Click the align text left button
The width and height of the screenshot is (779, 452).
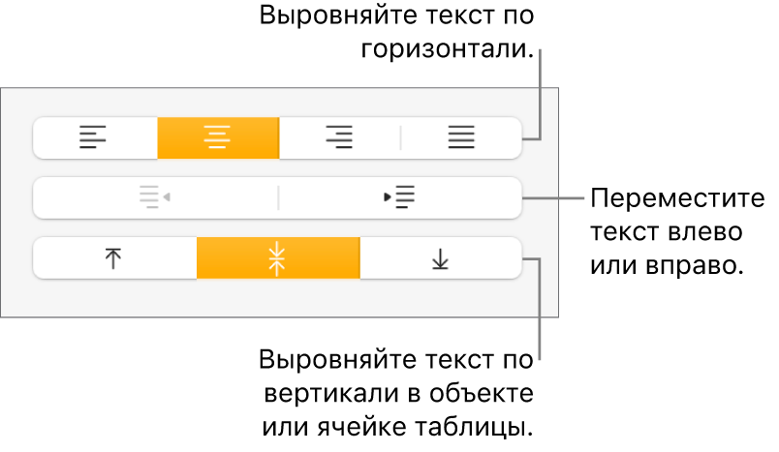pos(93,137)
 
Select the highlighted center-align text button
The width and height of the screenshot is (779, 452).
pos(217,137)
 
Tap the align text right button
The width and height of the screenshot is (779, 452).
pos(338,137)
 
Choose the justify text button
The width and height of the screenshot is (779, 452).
pos(461,137)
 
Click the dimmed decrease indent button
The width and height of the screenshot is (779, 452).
pos(155,197)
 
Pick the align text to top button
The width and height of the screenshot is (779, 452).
pos(114,258)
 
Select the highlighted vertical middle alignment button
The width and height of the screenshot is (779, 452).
pos(278,258)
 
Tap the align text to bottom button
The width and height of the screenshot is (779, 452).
pos(441,258)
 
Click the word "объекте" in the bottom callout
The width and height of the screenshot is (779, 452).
pos(483,395)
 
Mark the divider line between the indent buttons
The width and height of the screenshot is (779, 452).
pos(278,197)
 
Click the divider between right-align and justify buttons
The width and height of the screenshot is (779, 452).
pos(400,137)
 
